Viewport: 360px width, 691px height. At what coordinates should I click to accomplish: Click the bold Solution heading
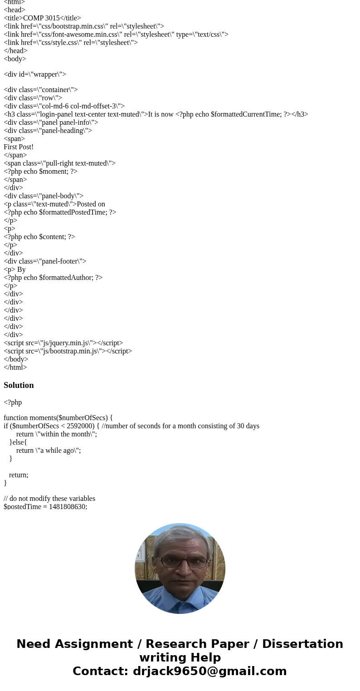click(19, 385)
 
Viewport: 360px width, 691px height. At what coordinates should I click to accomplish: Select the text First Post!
click(19, 147)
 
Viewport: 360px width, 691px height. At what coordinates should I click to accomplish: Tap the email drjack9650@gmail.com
click(209, 671)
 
